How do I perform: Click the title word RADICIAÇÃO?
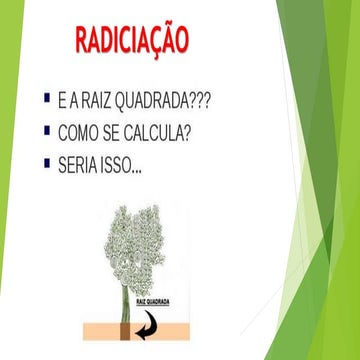tap(131, 42)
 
